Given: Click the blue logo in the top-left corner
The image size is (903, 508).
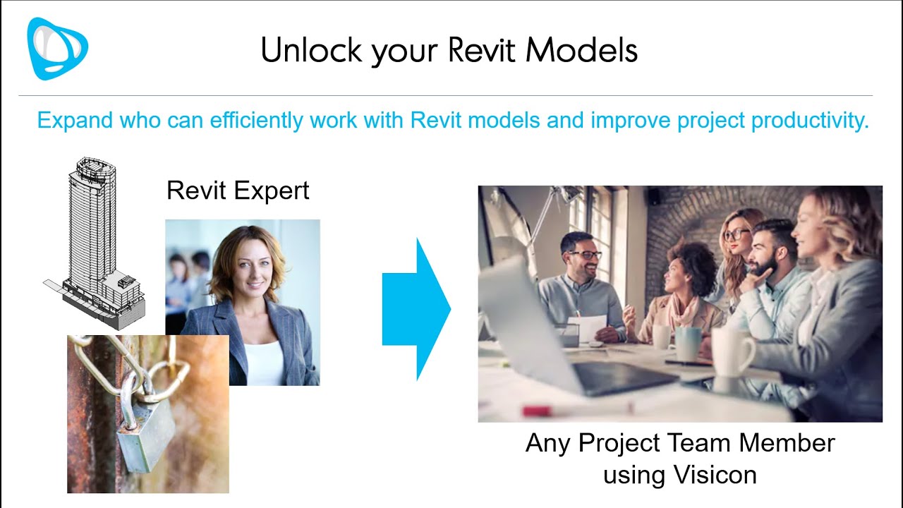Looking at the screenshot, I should [x=57, y=48].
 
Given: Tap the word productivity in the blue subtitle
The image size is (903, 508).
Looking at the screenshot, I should [x=807, y=120].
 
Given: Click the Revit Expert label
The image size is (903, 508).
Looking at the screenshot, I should [x=238, y=190].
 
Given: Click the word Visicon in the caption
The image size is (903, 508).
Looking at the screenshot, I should [x=715, y=475].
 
